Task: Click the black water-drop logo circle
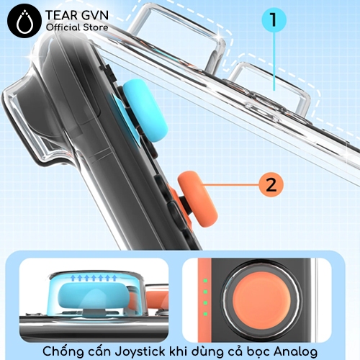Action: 24,21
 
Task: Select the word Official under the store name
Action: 63,27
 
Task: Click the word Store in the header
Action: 96,27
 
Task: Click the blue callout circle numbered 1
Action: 274,19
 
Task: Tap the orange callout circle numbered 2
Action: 271,185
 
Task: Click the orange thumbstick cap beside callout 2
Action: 198,199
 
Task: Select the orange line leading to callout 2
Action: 230,185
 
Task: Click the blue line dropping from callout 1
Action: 274,61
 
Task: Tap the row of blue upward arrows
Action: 94,278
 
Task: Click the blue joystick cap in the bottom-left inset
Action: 94,297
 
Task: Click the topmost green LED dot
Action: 205,280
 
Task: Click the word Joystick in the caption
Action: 140,352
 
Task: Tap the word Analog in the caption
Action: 296,352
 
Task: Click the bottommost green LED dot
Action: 205,314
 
